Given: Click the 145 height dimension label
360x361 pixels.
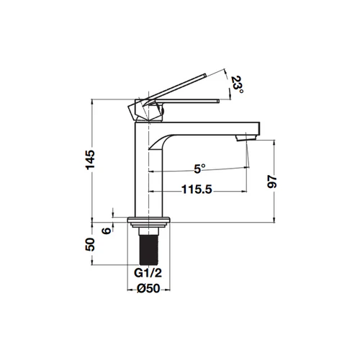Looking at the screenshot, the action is coord(91,160).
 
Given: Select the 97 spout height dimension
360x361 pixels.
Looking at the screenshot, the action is coord(272,182).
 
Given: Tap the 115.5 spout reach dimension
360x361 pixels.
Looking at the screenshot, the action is coord(197,190).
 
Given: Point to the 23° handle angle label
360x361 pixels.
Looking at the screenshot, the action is coord(237,86).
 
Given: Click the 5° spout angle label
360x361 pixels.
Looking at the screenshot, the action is coord(199,169).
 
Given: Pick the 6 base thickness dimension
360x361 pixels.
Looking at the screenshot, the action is coord(107,231).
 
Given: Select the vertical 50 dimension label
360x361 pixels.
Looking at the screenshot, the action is coord(90,244).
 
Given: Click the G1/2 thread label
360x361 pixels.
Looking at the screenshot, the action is coord(148,273).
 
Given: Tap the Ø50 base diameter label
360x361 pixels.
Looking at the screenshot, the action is coord(148,288).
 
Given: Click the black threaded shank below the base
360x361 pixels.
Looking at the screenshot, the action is coord(149,250).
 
